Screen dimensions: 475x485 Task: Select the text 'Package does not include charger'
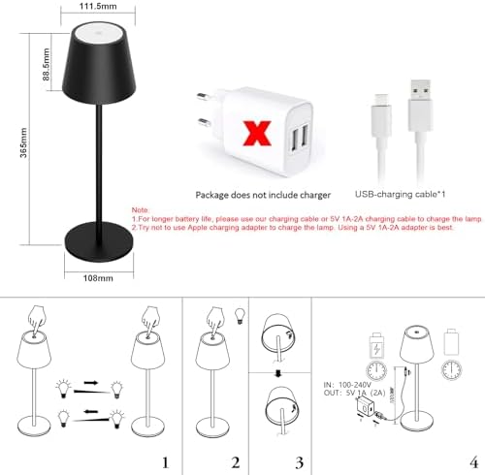tap(256, 194)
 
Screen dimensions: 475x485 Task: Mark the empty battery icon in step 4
tap(450, 345)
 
